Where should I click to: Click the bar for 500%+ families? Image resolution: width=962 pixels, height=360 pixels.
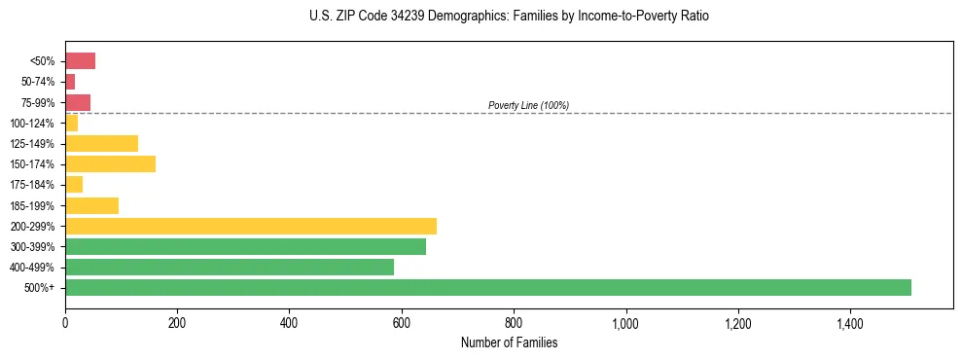[487, 287]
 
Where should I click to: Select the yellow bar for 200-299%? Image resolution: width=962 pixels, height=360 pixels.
[250, 226]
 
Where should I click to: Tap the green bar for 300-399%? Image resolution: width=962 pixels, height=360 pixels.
[245, 246]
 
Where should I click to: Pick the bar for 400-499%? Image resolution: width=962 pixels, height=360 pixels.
[229, 267]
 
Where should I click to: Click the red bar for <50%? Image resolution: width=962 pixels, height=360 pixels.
[80, 61]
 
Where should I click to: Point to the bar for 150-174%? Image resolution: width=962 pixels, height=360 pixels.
[110, 163]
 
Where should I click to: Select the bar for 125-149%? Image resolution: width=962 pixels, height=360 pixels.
[101, 143]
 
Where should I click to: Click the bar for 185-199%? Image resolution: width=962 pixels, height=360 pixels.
[91, 205]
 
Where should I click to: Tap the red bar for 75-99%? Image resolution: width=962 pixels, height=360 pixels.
[78, 102]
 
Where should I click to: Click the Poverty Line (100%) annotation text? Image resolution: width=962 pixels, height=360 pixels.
[528, 105]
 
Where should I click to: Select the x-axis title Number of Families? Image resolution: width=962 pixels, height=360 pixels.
[509, 342]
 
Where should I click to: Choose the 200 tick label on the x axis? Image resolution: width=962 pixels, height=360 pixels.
[177, 322]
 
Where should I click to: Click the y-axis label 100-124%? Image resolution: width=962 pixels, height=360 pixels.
[32, 124]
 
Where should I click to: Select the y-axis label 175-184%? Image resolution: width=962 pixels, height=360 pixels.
[32, 185]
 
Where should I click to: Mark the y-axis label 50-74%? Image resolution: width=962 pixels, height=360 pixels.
[38, 82]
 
